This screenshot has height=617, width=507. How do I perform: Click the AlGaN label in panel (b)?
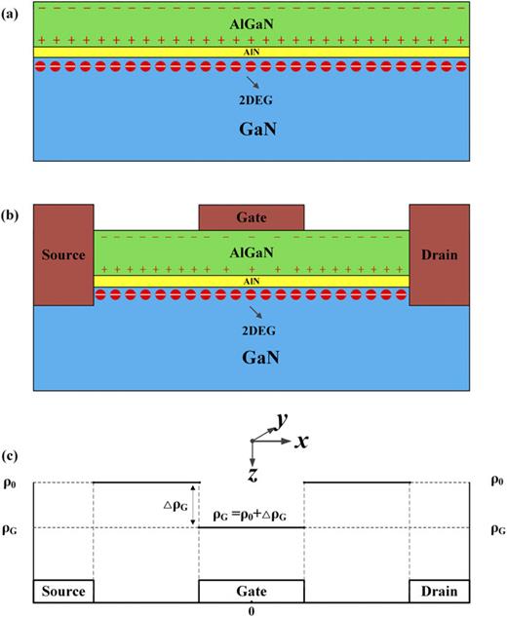coord(252,251)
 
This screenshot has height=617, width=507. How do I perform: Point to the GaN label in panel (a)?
coord(252,128)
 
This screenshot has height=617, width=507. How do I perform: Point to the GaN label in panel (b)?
coord(252,358)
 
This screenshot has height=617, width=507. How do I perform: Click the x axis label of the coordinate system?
coord(302,441)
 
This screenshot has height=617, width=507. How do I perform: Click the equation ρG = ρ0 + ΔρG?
coord(252,514)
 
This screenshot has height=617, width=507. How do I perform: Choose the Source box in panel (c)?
coord(64,591)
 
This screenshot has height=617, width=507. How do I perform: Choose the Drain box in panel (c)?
coord(440,591)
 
